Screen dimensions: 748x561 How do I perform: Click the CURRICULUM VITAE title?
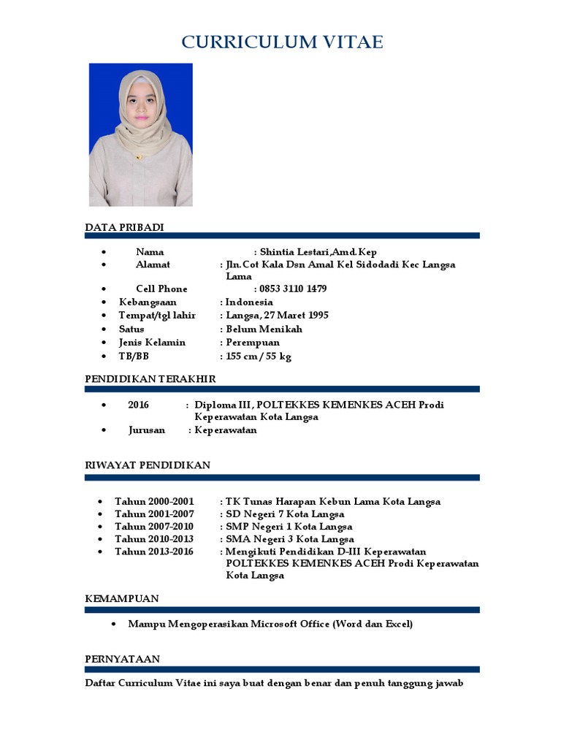[x=282, y=42]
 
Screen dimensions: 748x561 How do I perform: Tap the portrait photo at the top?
[x=141, y=134]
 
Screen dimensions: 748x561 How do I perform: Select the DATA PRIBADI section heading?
[x=124, y=227]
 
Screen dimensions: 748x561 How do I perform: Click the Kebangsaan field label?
[x=148, y=302]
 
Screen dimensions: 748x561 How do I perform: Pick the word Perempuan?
[x=253, y=342]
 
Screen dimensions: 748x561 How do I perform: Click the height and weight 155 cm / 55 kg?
[x=259, y=356]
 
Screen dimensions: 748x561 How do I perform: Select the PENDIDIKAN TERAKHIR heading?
[x=150, y=379]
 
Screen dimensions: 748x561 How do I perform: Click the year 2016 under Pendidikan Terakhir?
[x=138, y=405]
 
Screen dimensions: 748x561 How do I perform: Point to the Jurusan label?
[x=147, y=430]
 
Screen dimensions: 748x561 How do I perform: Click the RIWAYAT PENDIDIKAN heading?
[x=148, y=465]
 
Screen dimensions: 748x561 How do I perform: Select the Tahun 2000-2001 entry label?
[x=154, y=501]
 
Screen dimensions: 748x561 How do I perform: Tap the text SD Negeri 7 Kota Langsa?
[x=285, y=514]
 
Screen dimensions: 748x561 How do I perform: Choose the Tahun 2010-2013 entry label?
[x=154, y=539]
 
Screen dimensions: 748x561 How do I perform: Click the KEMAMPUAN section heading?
[x=122, y=598]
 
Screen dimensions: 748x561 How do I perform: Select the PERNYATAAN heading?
[x=122, y=659]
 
